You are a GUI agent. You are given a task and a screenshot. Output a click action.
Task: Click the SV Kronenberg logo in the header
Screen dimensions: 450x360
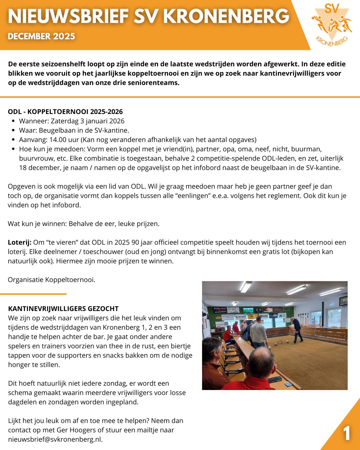coord(332,25)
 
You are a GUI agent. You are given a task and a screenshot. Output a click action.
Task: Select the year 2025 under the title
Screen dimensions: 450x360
coord(63,36)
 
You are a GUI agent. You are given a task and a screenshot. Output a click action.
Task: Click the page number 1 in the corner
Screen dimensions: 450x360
coord(347,434)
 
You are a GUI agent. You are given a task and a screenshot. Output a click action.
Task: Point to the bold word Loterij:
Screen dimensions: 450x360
coord(20,242)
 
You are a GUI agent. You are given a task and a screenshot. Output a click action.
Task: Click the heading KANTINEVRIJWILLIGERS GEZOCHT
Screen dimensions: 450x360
coord(63,309)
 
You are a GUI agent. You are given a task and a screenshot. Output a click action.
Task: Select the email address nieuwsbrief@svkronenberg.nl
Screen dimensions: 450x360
coord(55,439)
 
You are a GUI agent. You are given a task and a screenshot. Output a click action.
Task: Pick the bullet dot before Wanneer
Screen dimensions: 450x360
coord(13,121)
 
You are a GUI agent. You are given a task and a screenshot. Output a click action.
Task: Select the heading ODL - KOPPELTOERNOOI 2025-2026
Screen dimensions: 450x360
coord(65,112)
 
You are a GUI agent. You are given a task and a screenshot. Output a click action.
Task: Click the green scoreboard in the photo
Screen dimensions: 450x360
coord(248,310)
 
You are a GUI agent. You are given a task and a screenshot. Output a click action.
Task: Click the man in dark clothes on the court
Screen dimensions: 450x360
coord(296,330)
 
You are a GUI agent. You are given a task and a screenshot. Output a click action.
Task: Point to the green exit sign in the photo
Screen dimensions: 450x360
coord(332,304)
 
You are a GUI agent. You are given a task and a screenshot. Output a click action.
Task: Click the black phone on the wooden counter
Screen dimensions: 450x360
coord(275,379)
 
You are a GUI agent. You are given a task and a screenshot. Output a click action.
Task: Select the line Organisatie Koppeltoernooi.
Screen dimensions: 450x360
coord(52,280)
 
